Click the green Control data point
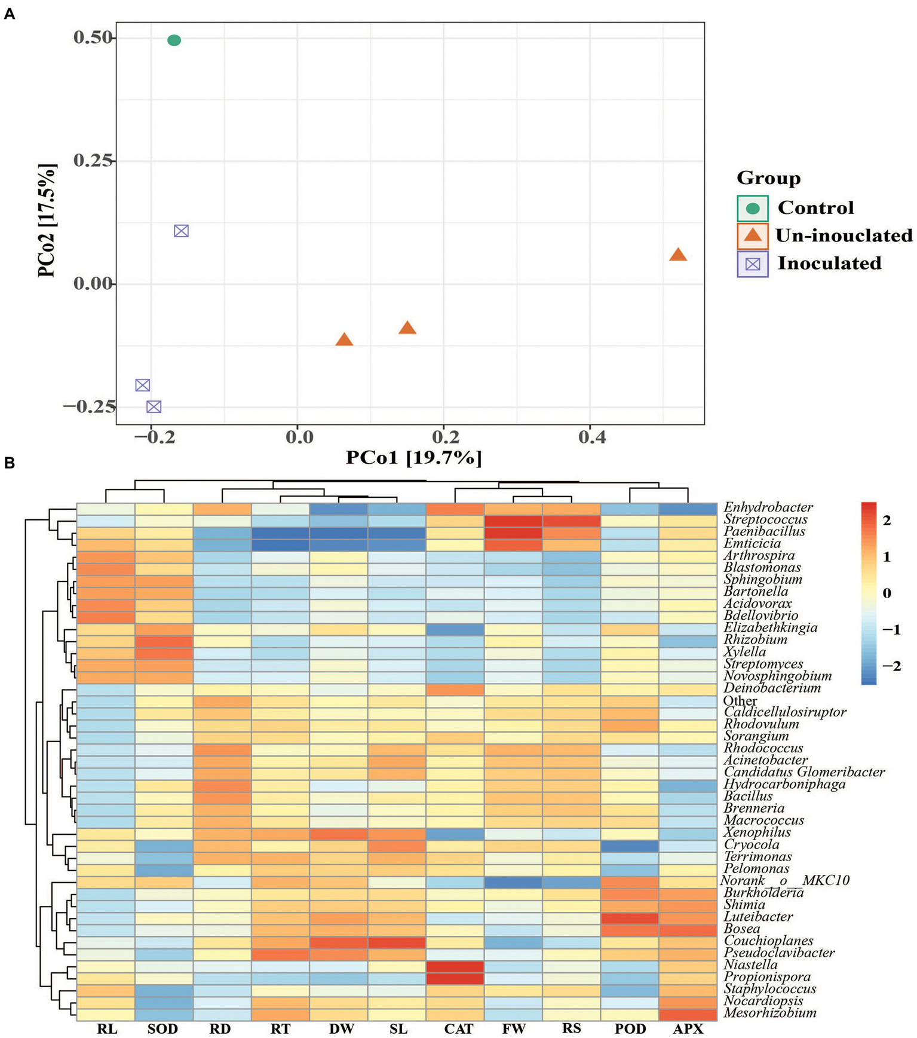pyautogui.click(x=174, y=40)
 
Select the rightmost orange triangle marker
pyautogui.click(x=677, y=255)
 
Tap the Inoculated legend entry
pyautogui.click(x=829, y=264)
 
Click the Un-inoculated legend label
pyautogui.click(x=844, y=235)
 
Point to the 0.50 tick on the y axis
pyautogui.click(x=93, y=38)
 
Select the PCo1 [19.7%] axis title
pyautogui.click(x=413, y=458)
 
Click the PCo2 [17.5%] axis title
pyautogui.click(x=47, y=221)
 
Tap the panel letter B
pyautogui.click(x=9, y=463)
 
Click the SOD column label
pyautogui.click(x=162, y=1028)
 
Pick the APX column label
pyautogui.click(x=688, y=1028)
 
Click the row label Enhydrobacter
pyautogui.click(x=768, y=507)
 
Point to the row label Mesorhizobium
pyautogui.click(x=770, y=1012)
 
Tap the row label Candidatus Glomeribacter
pyautogui.click(x=804, y=772)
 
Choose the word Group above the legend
pyautogui.click(x=768, y=178)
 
